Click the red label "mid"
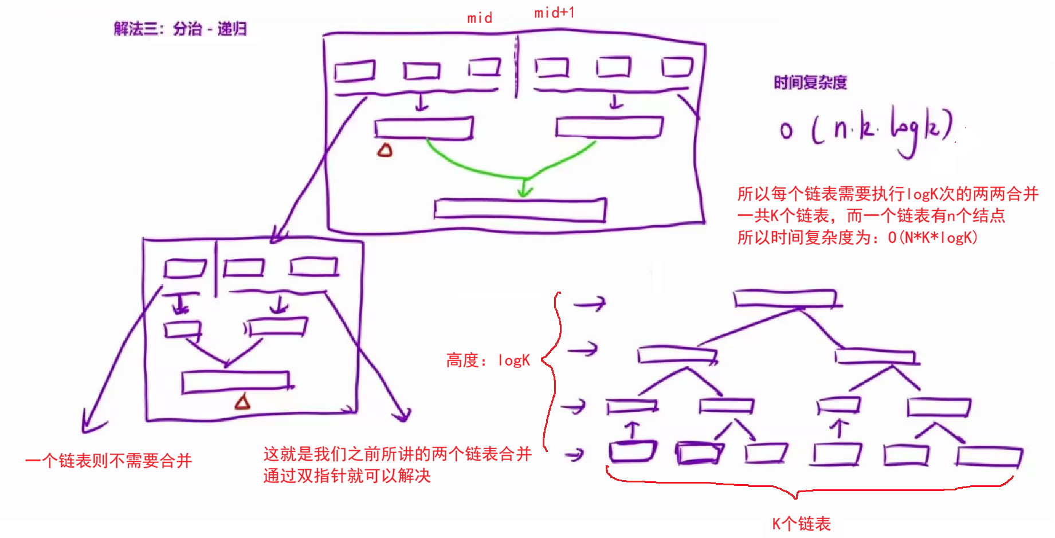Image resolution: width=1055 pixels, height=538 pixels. pos(480,18)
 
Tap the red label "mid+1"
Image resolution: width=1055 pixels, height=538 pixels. pos(554,13)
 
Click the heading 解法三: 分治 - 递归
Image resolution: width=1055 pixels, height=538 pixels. pos(180,29)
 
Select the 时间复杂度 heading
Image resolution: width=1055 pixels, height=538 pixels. pos(810,83)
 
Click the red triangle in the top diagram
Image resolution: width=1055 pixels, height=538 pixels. pos(385,151)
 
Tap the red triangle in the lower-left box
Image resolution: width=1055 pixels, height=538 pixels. pos(242,402)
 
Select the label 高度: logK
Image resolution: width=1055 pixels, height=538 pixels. pos(488,360)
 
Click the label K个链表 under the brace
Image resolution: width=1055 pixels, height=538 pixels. pos(801,524)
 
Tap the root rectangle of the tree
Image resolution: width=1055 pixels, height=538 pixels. pos(785,299)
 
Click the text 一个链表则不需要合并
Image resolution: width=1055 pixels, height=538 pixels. pos(109,461)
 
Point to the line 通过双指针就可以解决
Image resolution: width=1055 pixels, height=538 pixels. pos(347,476)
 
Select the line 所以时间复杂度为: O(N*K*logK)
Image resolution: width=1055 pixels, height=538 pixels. pos(857,237)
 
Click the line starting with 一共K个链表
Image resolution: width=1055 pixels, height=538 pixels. pos(871,215)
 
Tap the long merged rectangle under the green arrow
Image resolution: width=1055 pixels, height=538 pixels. pos(520,209)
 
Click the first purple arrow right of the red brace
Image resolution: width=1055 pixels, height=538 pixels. pos(590,303)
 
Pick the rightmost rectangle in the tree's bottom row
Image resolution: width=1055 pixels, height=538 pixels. pos(989,457)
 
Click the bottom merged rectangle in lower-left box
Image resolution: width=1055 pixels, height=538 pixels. pos(235,382)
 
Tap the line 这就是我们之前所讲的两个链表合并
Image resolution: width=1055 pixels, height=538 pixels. pos(397,454)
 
